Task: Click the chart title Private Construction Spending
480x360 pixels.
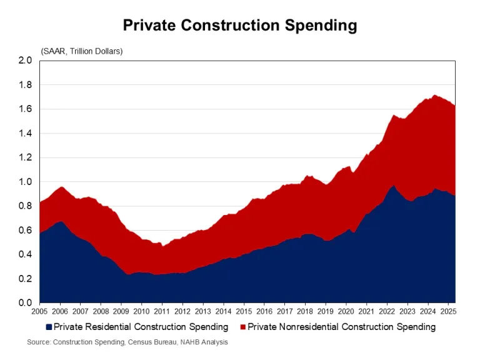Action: [240, 26]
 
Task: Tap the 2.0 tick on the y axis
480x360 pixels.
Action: [24, 61]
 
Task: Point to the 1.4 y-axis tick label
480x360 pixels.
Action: [24, 133]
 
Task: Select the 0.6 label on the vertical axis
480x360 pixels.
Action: [24, 230]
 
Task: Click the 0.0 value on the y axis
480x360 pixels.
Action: [24, 303]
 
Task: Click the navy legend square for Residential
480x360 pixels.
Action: [49, 327]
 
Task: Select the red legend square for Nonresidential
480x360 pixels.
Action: [242, 327]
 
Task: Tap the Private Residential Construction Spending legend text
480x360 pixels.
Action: [141, 327]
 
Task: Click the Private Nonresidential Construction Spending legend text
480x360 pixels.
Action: [342, 327]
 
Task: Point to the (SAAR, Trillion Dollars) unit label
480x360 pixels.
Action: [82, 51]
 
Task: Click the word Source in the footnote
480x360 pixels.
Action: [39, 342]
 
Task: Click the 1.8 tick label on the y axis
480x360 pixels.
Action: [24, 85]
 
